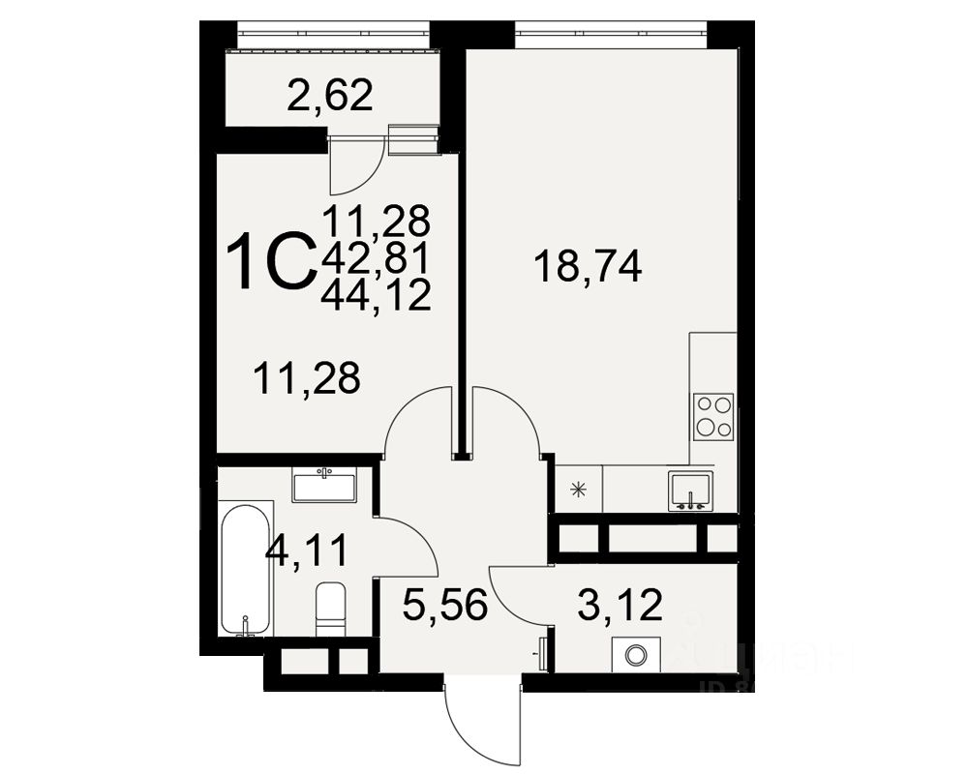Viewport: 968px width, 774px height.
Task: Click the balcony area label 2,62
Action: coord(329,96)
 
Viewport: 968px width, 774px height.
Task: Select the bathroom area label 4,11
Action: coord(306,553)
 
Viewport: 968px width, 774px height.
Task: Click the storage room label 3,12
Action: coord(619,605)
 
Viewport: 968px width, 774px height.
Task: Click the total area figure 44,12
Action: coord(376,294)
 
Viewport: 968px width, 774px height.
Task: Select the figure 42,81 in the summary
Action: coord(376,257)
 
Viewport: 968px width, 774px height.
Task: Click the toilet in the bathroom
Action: coord(330,610)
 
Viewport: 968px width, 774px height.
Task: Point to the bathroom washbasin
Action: coord(325,484)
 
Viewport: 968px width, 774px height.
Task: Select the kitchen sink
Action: coord(690,490)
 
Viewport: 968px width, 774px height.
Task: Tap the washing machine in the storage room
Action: coord(635,655)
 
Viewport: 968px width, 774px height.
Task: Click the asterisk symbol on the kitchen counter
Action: coord(579,490)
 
